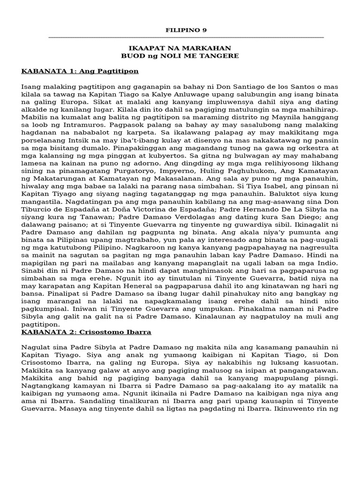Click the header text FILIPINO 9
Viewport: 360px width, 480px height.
point(186,30)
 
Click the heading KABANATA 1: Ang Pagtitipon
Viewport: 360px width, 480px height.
point(80,71)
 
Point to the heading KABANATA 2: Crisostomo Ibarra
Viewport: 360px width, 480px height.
point(86,332)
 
